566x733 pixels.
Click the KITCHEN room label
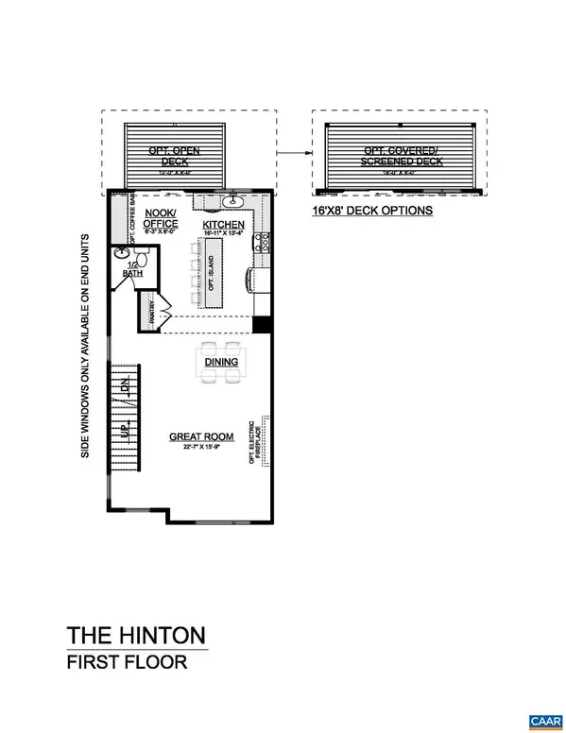pos(223,225)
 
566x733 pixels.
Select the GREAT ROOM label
pos(196,436)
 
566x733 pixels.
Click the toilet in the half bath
pos(121,253)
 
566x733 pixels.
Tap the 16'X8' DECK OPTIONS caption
pos(372,211)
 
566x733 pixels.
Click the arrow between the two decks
pos(294,150)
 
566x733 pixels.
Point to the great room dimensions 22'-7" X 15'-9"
pos(196,447)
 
